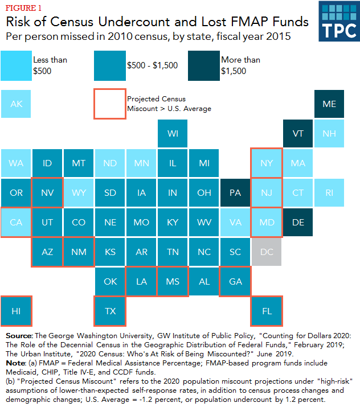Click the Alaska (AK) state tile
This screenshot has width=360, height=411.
pyautogui.click(x=16, y=104)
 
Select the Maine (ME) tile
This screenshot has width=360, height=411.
pyautogui.click(x=329, y=104)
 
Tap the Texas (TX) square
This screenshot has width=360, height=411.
pyautogui.click(x=110, y=311)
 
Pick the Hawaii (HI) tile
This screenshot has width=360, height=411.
pyautogui.click(x=16, y=311)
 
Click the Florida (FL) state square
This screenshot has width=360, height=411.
pyautogui.click(x=267, y=311)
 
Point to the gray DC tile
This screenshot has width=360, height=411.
pyautogui.click(x=267, y=252)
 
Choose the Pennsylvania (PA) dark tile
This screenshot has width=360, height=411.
pyautogui.click(x=235, y=192)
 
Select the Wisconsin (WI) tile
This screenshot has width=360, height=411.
pyautogui.click(x=173, y=134)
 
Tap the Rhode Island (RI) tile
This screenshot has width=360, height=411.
pyautogui.click(x=329, y=192)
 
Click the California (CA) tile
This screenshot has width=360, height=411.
pyautogui.click(x=16, y=222)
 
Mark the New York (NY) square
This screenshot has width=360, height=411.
pyautogui.click(x=267, y=163)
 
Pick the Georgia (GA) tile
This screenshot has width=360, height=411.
pyautogui.click(x=235, y=281)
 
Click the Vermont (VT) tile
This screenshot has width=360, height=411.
pyautogui.click(x=298, y=134)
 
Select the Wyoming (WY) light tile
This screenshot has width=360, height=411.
pyautogui.click(x=79, y=192)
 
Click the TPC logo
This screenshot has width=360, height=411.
pyautogui.click(x=337, y=22)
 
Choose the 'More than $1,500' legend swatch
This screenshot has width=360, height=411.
pyautogui.click(x=204, y=65)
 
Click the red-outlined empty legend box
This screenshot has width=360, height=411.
pyautogui.click(x=110, y=104)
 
